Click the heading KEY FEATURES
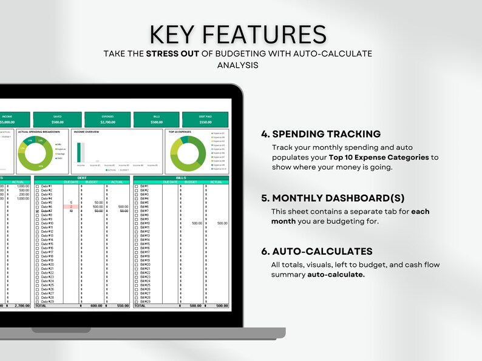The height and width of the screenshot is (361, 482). (x=238, y=33)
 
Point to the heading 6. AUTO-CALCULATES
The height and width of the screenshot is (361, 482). (x=325, y=251)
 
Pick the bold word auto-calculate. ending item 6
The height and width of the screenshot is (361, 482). (x=336, y=274)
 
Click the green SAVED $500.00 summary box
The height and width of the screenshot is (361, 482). (x=57, y=120)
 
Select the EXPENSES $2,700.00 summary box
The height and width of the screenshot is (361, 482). (x=107, y=120)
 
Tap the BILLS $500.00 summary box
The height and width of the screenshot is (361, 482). (x=157, y=120)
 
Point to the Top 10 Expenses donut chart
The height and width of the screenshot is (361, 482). (x=185, y=153)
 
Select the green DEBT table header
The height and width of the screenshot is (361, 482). (x=82, y=178)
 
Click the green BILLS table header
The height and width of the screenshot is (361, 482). (x=181, y=178)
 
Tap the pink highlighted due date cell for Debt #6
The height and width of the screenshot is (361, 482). (x=72, y=207)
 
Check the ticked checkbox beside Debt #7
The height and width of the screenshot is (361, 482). (x=38, y=211)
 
